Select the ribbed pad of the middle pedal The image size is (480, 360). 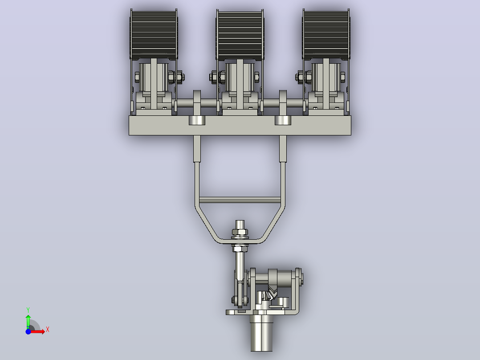click(240, 35)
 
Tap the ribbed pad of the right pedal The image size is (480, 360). click(326, 35)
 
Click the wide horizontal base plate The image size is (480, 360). click(240, 125)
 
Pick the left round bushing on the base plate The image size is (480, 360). click(197, 120)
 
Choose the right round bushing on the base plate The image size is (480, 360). click(283, 120)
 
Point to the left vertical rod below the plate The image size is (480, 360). click(197, 149)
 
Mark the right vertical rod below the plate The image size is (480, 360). click(283, 149)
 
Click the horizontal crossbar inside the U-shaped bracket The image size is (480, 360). click(240, 200)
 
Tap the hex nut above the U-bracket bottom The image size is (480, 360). click(240, 232)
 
